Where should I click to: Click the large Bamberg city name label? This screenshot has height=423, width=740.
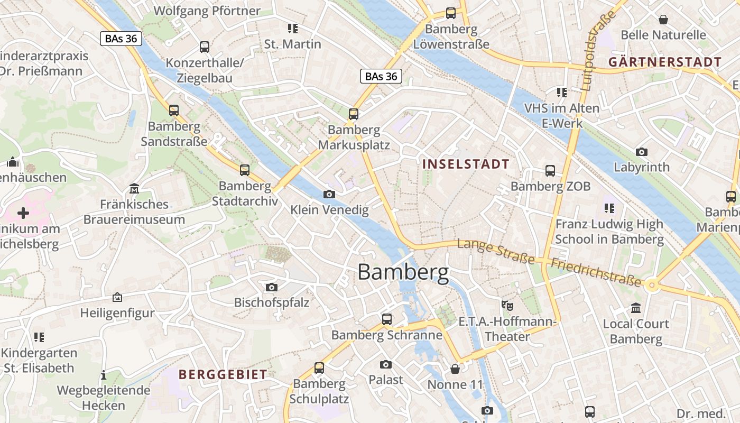pyautogui.click(x=403, y=272)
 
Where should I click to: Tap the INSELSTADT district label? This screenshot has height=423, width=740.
pyautogui.click(x=466, y=164)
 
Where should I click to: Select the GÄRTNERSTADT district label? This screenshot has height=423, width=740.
pyautogui.click(x=665, y=62)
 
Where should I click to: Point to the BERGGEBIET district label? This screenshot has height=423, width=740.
pyautogui.click(x=223, y=375)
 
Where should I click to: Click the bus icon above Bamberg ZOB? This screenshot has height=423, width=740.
pyautogui.click(x=550, y=171)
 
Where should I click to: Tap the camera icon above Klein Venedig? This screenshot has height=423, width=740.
pyautogui.click(x=329, y=195)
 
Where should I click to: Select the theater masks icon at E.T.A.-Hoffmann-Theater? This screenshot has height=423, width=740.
pyautogui.click(x=507, y=305)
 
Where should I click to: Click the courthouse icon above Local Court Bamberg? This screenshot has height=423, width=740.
pyautogui.click(x=636, y=308)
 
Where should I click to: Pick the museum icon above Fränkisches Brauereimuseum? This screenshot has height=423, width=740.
pyautogui.click(x=134, y=189)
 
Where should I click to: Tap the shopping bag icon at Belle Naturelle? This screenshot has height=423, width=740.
pyautogui.click(x=663, y=20)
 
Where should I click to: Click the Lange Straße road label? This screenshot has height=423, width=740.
pyautogui.click(x=496, y=251)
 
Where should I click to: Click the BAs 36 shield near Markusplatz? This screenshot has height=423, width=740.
pyautogui.click(x=381, y=76)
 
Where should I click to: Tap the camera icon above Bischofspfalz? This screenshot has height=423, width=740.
pyautogui.click(x=271, y=287)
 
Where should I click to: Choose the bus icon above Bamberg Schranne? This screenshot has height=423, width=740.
pyautogui.click(x=387, y=319)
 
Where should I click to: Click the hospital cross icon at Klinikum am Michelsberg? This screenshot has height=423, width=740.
pyautogui.click(x=23, y=213)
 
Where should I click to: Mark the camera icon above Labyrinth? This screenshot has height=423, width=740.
pyautogui.click(x=641, y=152)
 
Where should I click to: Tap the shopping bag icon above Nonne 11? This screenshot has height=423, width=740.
pyautogui.click(x=455, y=369)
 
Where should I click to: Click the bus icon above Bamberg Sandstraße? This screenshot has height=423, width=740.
pyautogui.click(x=174, y=111)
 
